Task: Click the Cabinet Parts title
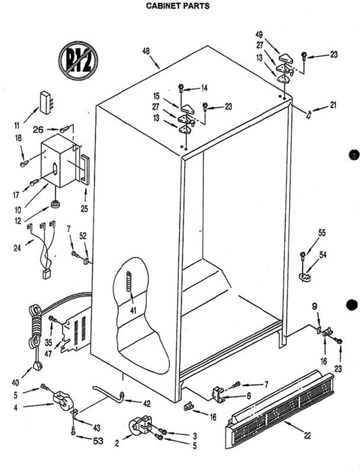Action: [178, 5]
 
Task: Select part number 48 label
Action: [146, 51]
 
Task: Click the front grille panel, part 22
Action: [280, 409]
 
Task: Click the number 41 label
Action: [133, 310]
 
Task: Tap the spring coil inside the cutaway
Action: [129, 282]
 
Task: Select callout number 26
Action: [38, 130]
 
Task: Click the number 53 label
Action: [98, 441]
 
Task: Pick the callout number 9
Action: [315, 307]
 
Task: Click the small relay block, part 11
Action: [46, 102]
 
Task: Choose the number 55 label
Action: [322, 233]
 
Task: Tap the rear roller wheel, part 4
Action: [61, 400]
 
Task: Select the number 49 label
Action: [259, 34]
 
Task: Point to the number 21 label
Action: [333, 105]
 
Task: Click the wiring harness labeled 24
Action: [43, 249]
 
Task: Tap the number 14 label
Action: [204, 89]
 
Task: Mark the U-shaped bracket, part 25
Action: [85, 169]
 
